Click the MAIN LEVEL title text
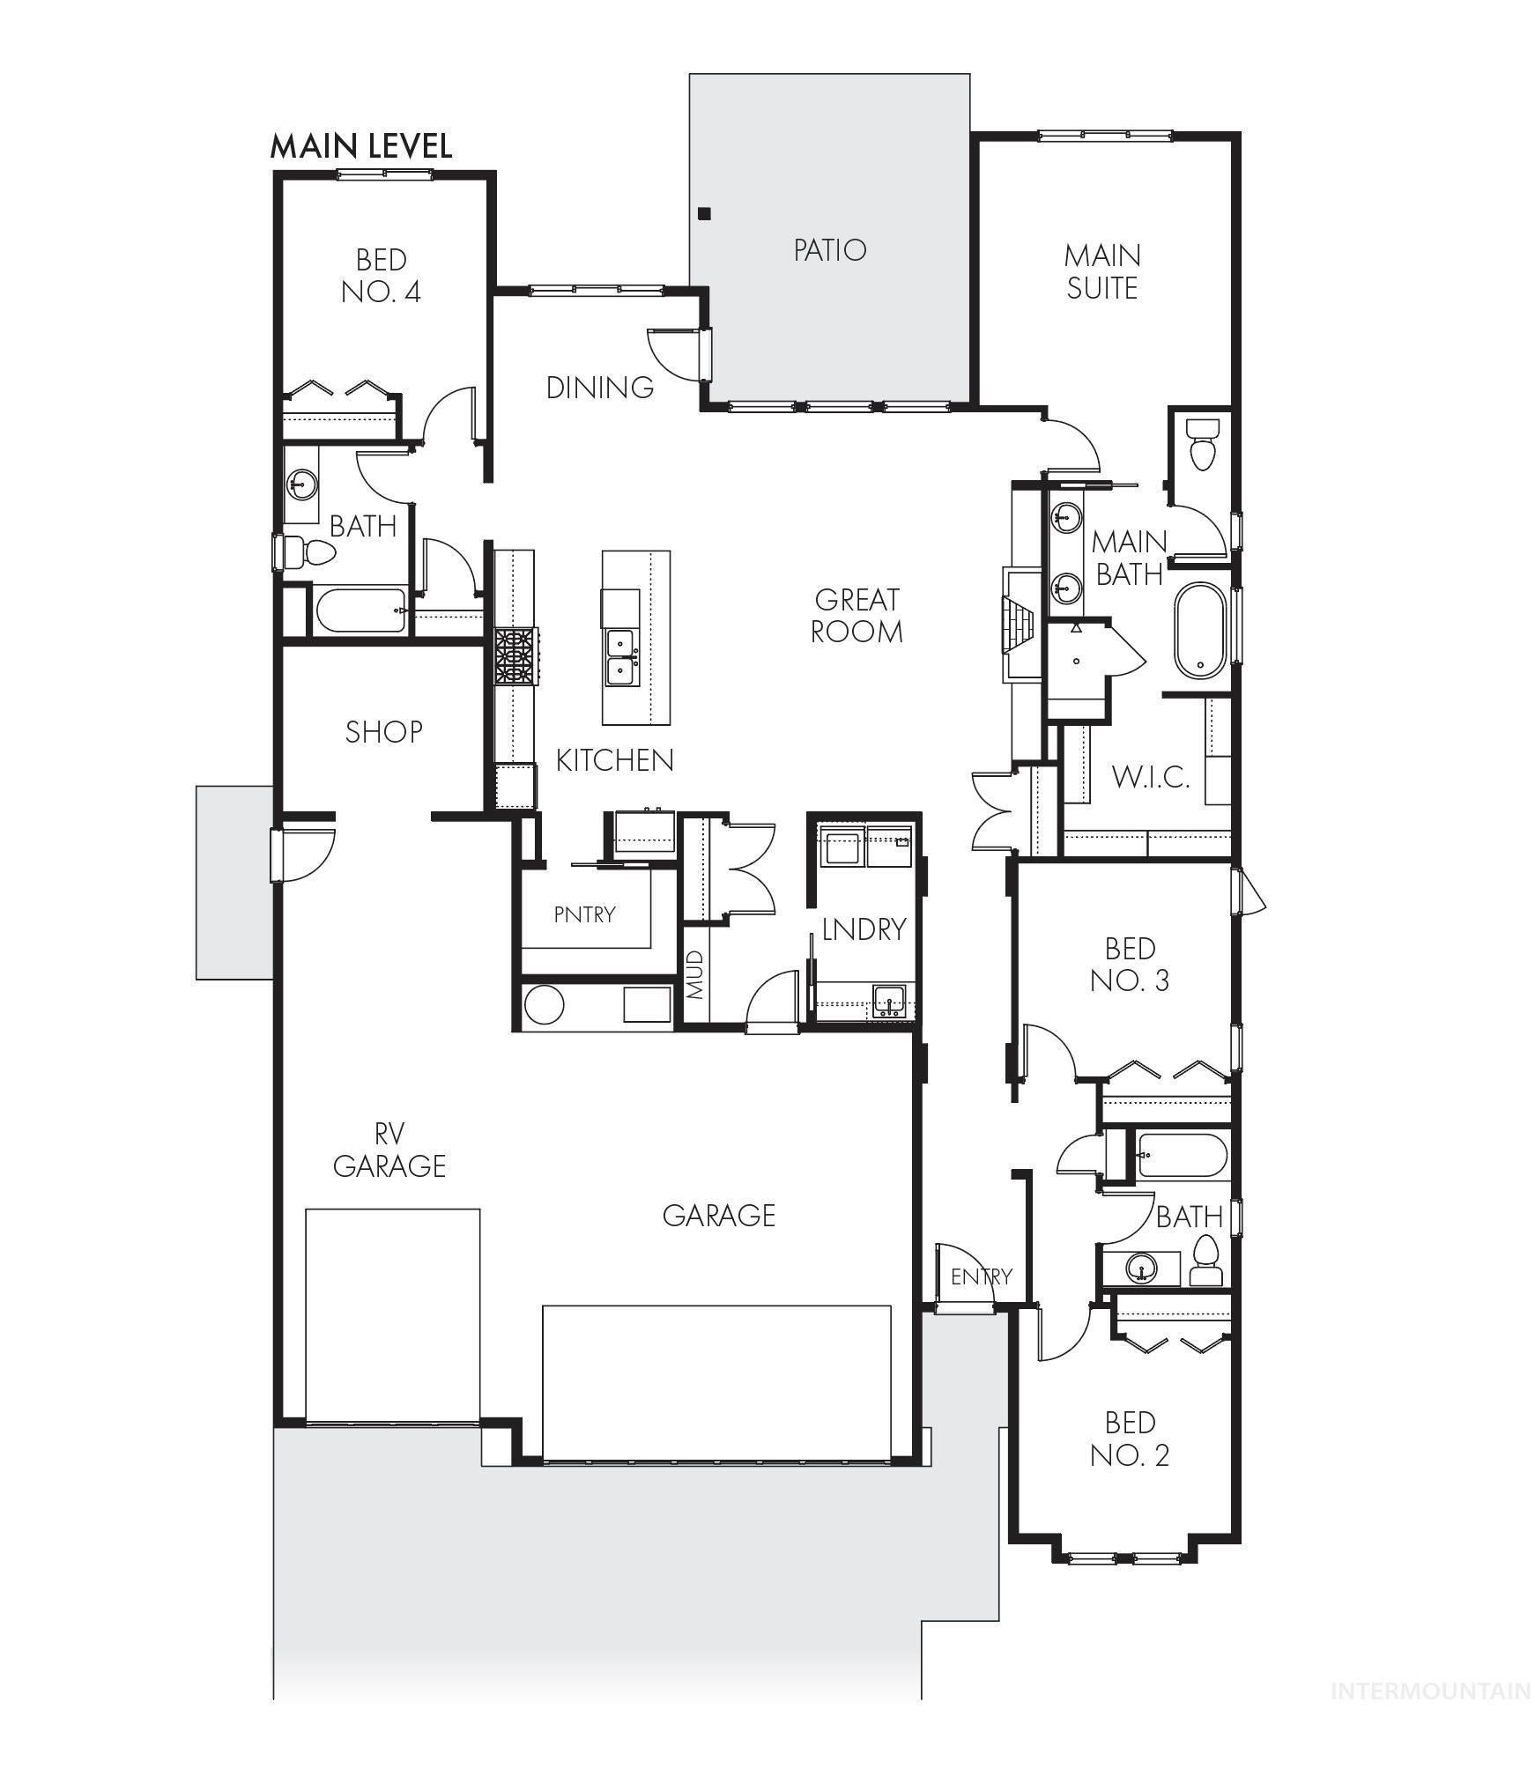tap(360, 145)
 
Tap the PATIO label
tap(829, 250)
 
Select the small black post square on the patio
tap(703, 213)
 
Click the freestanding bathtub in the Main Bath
tap(1199, 630)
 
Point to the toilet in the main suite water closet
tap(1201, 444)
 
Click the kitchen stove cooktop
tap(515, 656)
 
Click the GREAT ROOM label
tap(856, 615)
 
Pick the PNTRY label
tap(584, 914)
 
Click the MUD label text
tap(695, 974)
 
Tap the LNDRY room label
tap(863, 928)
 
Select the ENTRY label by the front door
tap(981, 1276)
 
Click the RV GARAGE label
tap(389, 1149)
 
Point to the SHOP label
tap(383, 731)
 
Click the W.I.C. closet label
tap(1150, 777)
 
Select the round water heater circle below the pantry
tap(544, 1004)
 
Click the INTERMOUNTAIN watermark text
tap(1430, 1691)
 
